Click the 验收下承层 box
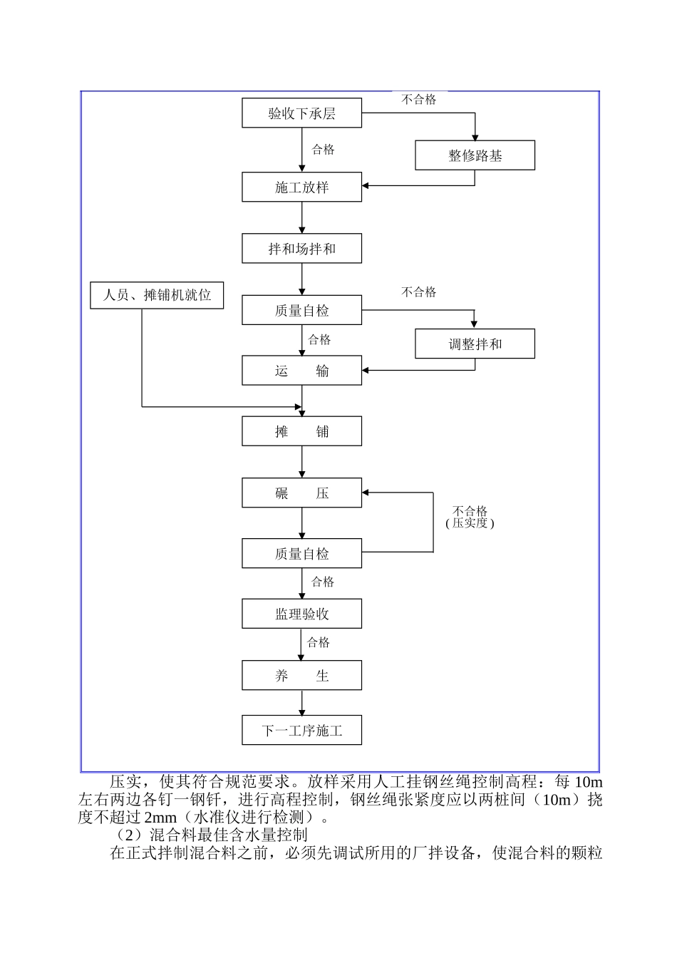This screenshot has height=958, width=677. point(301,113)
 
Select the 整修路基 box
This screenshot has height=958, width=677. point(475,155)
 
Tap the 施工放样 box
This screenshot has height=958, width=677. point(301,187)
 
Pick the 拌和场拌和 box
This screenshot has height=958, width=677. point(301,249)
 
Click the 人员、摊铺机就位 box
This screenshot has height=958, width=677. point(157,295)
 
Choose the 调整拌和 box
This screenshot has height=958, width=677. point(475,344)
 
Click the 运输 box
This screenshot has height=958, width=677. point(301,371)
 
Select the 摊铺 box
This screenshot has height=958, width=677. point(301,432)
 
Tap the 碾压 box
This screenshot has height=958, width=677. point(301,493)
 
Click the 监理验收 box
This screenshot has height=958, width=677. point(301,614)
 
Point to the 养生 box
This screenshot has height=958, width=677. point(301,676)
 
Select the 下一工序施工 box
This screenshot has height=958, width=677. point(301,731)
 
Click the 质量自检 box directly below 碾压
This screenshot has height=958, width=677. point(301,554)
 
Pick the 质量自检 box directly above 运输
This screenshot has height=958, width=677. point(301,311)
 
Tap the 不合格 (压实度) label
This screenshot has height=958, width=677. point(470,517)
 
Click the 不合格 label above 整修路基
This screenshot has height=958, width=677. point(419,100)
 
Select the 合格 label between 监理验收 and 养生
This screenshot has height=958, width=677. point(319,643)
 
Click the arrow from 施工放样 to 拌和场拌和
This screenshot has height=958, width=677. point(302,218)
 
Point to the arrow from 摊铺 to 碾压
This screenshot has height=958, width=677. point(302,463)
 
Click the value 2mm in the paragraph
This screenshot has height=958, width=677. point(160,818)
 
